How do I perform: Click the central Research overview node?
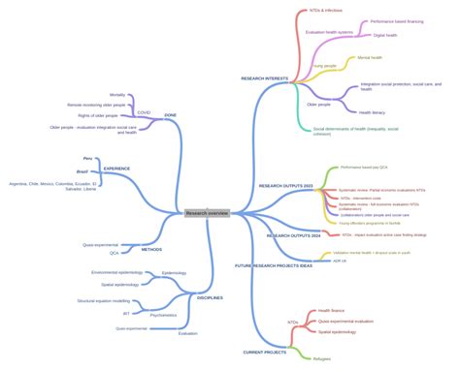(x=207, y=213)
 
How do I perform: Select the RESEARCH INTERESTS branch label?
(x=266, y=78)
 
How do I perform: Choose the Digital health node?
(x=386, y=35)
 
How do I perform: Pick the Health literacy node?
(x=373, y=112)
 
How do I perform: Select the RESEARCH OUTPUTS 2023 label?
(x=286, y=185)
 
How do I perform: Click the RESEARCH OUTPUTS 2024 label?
(x=292, y=235)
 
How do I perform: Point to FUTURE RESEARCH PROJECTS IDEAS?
(x=274, y=264)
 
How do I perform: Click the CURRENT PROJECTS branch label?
(x=264, y=353)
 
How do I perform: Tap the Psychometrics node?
(x=163, y=315)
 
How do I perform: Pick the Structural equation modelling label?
(x=104, y=300)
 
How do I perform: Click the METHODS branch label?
(x=151, y=249)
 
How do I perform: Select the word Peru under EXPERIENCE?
(x=88, y=158)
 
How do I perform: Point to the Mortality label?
(x=117, y=95)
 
